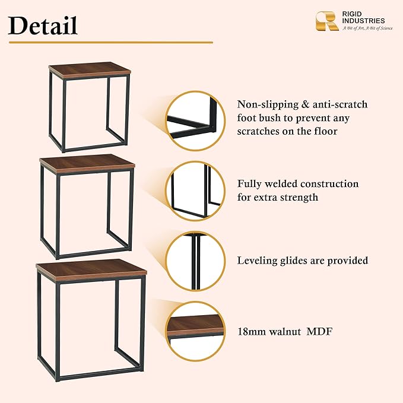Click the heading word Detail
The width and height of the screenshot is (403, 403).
point(43,26)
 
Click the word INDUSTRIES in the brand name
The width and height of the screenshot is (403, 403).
point(363,21)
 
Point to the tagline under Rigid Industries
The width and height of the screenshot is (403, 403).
point(367,28)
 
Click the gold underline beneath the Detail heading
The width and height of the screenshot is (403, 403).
point(111,42)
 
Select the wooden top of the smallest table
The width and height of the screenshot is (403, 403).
point(90,70)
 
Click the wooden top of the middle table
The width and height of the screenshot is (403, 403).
point(87,164)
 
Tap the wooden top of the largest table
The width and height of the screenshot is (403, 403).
point(91,270)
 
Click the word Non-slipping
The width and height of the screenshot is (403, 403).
point(267,105)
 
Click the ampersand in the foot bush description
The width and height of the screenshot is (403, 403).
point(305,104)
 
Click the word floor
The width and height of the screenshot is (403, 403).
point(326,131)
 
